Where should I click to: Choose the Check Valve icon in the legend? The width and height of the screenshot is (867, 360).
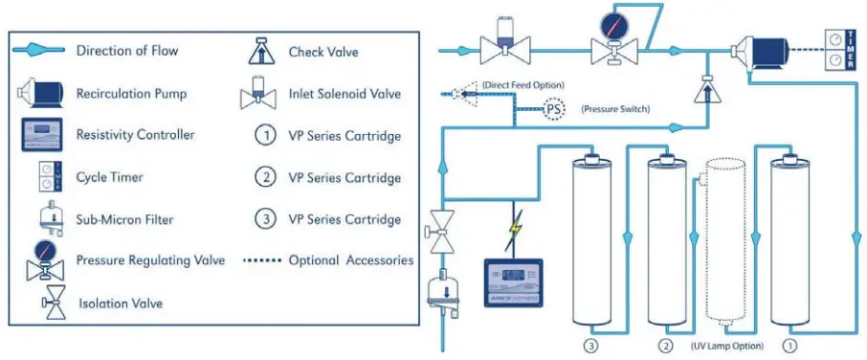[259, 51]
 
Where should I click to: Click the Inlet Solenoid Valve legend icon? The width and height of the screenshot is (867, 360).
[259, 93]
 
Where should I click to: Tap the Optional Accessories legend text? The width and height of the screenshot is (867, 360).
[351, 260]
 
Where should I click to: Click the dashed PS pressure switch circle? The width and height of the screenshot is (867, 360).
[554, 108]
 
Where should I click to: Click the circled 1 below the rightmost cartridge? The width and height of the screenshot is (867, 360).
[789, 342]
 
